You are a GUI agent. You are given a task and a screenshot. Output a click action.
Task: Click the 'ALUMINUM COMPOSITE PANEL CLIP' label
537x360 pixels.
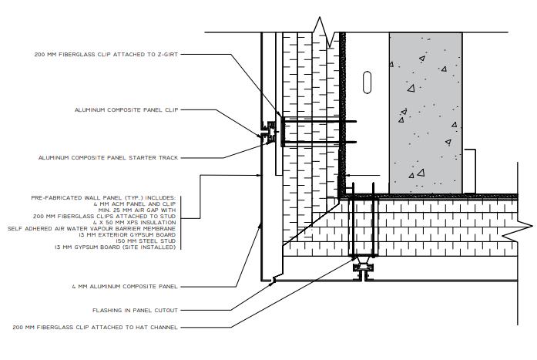(126, 110)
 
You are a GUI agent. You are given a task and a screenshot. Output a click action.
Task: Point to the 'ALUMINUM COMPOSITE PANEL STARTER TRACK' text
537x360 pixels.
(108, 158)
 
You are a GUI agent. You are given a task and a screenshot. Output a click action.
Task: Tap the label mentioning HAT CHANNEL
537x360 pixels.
(96, 328)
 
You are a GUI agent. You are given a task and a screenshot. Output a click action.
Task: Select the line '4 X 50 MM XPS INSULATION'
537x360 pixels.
(136, 223)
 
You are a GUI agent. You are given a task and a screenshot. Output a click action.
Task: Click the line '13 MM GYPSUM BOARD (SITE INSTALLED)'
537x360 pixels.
(116, 247)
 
